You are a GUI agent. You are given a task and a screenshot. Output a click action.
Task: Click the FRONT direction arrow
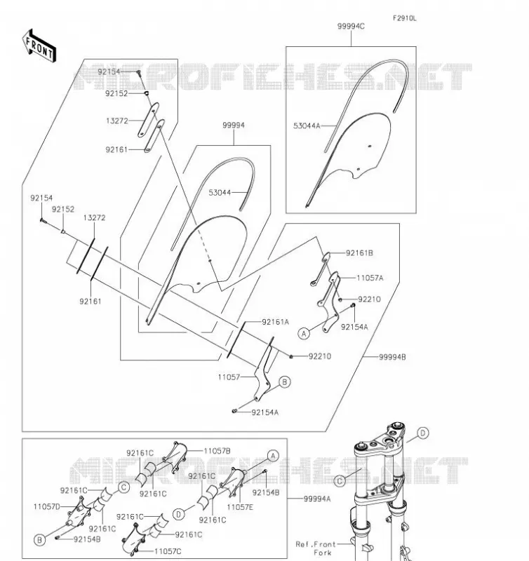click(x=39, y=46)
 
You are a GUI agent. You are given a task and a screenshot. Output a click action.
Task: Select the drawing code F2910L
click(x=404, y=18)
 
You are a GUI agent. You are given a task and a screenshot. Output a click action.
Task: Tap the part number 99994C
click(x=351, y=27)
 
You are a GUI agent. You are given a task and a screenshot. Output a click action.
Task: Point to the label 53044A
click(x=307, y=126)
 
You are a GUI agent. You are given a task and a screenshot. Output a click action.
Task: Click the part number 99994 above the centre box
click(x=234, y=126)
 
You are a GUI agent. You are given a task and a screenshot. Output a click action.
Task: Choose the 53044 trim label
click(x=220, y=192)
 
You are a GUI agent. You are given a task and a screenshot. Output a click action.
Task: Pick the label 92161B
click(x=359, y=253)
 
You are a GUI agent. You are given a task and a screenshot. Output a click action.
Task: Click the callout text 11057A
click(x=370, y=278)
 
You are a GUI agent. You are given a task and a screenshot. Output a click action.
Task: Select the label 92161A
click(x=275, y=322)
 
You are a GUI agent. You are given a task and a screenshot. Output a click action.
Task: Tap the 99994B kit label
click(x=392, y=357)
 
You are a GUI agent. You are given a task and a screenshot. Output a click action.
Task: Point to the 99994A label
click(x=317, y=499)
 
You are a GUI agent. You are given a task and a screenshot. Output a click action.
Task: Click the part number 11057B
click(x=217, y=451)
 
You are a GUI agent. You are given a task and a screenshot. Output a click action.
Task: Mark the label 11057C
click(x=168, y=551)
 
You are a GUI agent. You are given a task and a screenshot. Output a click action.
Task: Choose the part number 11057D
click(x=47, y=506)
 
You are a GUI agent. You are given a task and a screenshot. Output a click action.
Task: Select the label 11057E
click(x=240, y=507)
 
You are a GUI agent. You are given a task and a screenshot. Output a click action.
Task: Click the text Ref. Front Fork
click(x=316, y=548)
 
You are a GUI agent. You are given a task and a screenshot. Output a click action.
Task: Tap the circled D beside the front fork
click(x=422, y=433)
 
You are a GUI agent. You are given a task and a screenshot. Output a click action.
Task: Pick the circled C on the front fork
click(x=340, y=481)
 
